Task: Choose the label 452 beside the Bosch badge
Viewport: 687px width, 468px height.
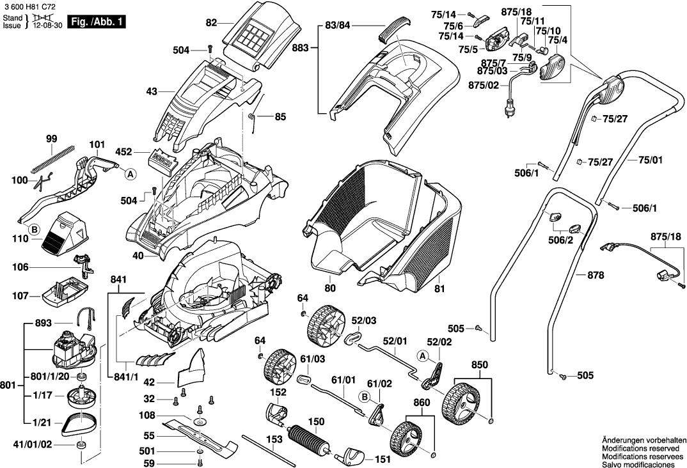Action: click(x=123, y=152)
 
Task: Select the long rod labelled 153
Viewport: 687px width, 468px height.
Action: click(x=269, y=448)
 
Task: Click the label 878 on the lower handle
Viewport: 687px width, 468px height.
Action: click(x=596, y=275)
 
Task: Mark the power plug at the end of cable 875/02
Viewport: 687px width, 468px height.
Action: click(x=510, y=109)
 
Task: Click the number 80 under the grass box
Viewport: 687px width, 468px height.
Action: click(x=330, y=288)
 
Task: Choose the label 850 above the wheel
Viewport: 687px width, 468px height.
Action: click(x=480, y=364)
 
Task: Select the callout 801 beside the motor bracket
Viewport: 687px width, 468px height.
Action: click(x=8, y=385)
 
